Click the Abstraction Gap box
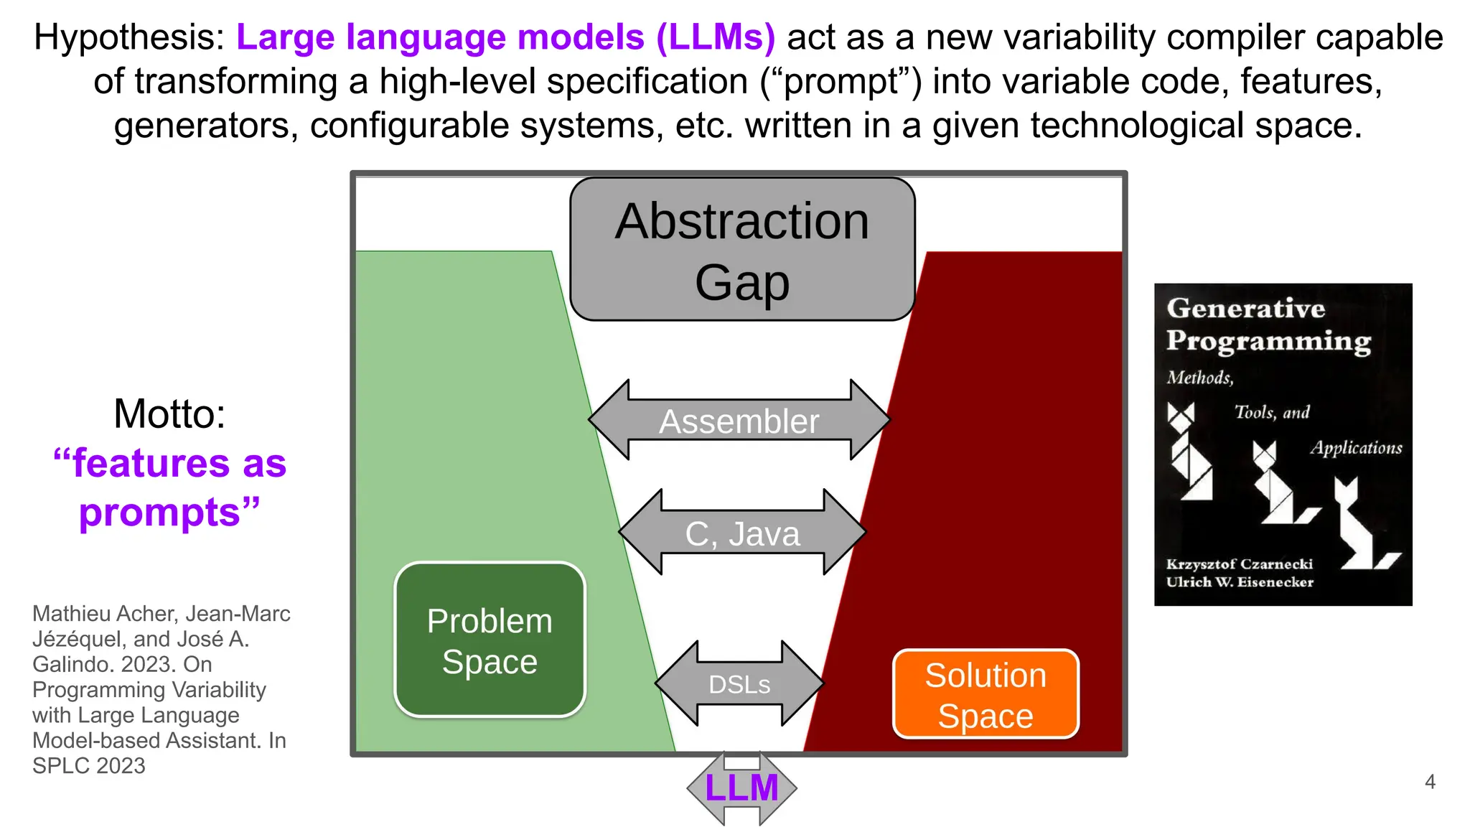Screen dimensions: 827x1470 (x=742, y=249)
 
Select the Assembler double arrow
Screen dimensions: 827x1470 (x=739, y=421)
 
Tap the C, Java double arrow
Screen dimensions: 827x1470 (x=742, y=533)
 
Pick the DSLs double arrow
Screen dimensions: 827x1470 (x=739, y=684)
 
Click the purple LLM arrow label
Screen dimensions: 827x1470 (x=741, y=788)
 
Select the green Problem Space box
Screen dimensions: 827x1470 (x=490, y=640)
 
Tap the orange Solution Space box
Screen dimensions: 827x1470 (x=986, y=694)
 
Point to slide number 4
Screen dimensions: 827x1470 (x=1430, y=782)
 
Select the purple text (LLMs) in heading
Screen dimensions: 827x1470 (x=716, y=37)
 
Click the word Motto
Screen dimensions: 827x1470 (x=169, y=414)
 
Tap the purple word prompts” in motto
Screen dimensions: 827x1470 (x=169, y=513)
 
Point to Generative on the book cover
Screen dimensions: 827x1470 (x=1245, y=308)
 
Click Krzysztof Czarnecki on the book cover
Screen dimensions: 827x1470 (x=1239, y=564)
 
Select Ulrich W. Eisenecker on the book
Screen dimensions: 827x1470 (x=1239, y=582)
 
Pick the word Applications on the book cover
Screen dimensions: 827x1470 (x=1355, y=448)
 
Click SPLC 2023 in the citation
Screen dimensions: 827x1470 (x=88, y=766)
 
